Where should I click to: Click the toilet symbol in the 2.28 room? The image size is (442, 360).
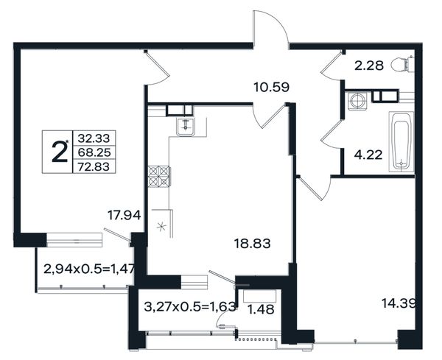tap(402, 64)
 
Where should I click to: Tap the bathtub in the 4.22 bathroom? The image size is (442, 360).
tap(401, 141)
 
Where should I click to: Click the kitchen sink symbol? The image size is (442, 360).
tap(186, 127)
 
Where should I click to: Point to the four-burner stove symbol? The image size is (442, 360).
tap(159, 177)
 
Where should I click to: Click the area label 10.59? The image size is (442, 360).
tap(271, 87)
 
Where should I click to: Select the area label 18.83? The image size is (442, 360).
tap(253, 244)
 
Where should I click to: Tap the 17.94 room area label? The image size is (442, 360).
tap(124, 216)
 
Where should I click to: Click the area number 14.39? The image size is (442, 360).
tap(399, 303)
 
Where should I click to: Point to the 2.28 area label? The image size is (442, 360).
tap(369, 66)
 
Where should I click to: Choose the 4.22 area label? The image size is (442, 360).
tap(368, 155)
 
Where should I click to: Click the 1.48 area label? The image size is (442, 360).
tap(261, 309)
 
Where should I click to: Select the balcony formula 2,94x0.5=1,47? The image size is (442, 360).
tap(89, 269)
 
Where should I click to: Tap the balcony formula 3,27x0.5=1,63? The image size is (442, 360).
tap(190, 306)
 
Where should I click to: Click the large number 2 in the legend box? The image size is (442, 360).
tap(60, 152)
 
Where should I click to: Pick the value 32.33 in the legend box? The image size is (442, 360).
tap(94, 138)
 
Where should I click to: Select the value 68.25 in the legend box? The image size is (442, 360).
tap(94, 152)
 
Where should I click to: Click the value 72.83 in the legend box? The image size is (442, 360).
tap(94, 166)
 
